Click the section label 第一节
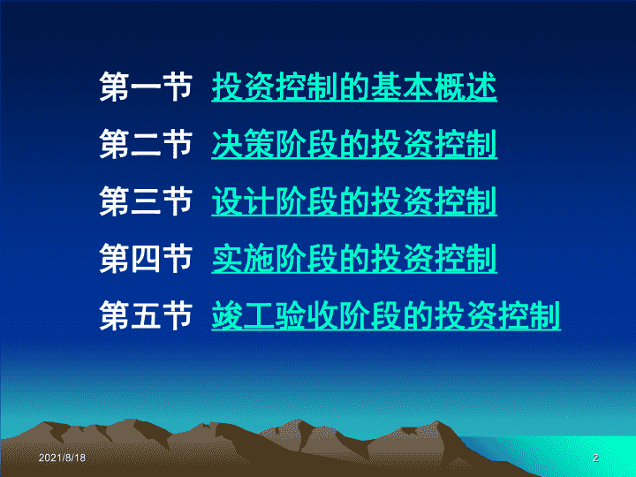(146, 87)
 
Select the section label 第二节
(146, 144)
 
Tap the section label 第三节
(146, 201)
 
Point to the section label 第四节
(146, 258)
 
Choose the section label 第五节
(146, 315)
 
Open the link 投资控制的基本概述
(354, 87)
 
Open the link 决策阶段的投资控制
(354, 144)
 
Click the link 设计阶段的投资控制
(354, 201)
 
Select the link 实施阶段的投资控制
(354, 258)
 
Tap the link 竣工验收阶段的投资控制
(386, 315)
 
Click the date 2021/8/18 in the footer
(62, 458)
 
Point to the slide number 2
(595, 458)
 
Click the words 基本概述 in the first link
(434, 87)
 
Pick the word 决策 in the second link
(243, 144)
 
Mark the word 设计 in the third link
(243, 201)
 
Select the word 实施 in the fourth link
(243, 258)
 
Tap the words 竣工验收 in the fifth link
(275, 315)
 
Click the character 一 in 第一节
(146, 87)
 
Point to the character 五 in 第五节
(146, 315)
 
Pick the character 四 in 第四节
(146, 258)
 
